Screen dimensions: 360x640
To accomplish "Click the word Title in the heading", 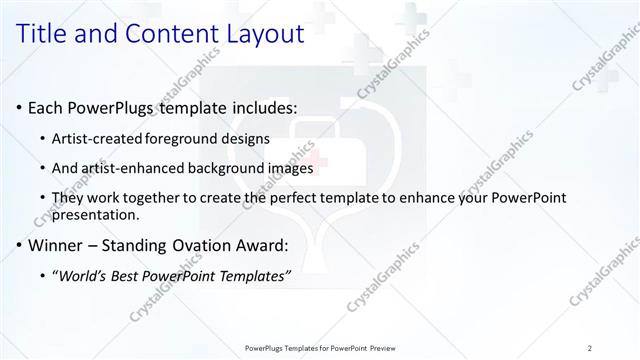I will [x=47, y=33].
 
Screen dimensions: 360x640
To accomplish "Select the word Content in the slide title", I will [x=170, y=33].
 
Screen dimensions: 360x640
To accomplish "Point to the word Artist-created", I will [x=96, y=138].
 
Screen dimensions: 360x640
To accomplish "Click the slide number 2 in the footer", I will [x=590, y=348].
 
